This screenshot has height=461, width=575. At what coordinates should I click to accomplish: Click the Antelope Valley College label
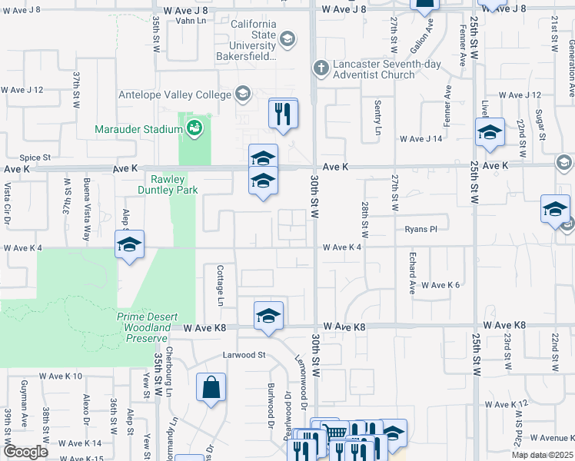[x=174, y=95]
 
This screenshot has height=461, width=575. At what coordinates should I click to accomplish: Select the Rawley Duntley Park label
[x=168, y=184]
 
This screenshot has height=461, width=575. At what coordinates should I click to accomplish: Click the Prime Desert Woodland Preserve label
[x=142, y=327]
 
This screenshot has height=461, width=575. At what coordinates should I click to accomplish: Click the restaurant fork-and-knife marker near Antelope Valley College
[x=282, y=114]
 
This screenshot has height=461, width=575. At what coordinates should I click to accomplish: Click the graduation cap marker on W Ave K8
[x=268, y=316]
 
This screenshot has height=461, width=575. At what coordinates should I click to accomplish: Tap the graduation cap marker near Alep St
[x=130, y=246]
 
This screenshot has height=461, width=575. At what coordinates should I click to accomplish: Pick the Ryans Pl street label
[x=420, y=229]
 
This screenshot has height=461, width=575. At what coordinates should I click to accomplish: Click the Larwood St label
[x=244, y=355]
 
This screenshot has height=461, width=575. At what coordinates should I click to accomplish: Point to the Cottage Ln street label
[x=220, y=282]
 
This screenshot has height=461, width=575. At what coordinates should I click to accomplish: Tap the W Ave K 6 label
[x=440, y=285]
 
